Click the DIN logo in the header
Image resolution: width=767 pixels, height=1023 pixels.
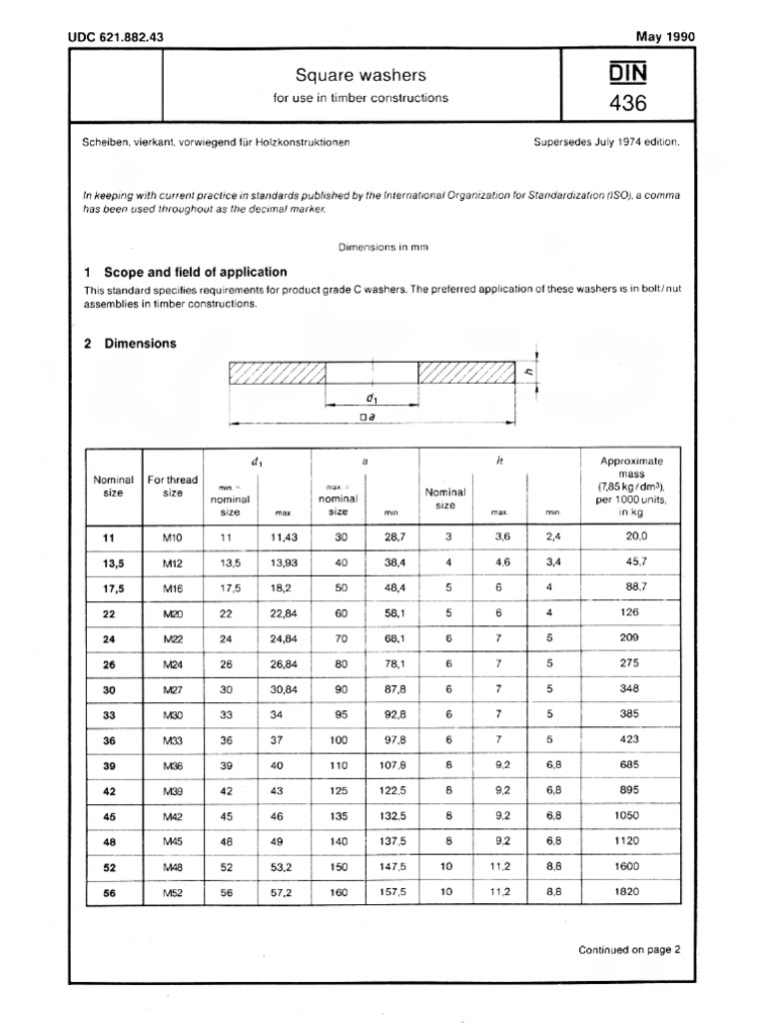coord(623,73)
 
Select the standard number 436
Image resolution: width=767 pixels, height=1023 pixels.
coord(623,102)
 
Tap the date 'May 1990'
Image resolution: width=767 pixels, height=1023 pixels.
coord(664,37)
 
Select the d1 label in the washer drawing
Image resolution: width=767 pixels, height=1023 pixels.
coord(372,397)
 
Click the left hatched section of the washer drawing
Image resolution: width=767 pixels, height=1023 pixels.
coord(277,373)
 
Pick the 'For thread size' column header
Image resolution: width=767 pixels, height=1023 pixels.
coord(173,486)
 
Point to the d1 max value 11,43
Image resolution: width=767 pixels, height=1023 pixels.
coord(286,536)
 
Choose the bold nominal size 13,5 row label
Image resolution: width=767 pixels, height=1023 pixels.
coord(109,562)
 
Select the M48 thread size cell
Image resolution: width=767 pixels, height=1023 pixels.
coord(173,866)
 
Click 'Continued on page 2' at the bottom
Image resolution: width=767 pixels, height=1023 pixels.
coord(628,950)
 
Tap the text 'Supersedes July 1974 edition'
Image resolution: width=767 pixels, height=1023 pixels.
coord(607,142)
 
